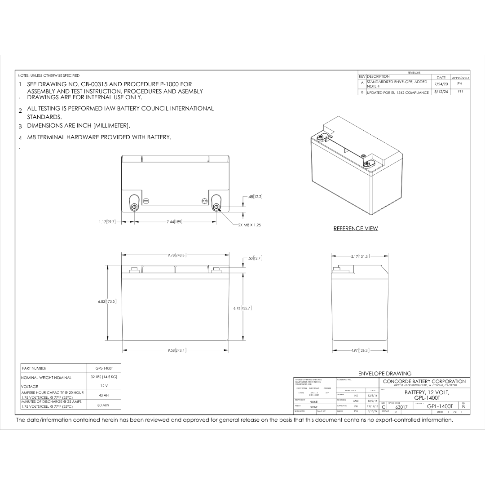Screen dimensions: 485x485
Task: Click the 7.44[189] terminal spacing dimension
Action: [x=174, y=221]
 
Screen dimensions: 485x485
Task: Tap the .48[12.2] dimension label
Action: [x=255, y=197]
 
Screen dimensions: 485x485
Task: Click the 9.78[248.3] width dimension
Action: [x=177, y=255]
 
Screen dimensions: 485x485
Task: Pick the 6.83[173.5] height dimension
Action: [x=107, y=301]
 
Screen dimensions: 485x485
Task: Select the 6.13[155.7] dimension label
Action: [x=242, y=308]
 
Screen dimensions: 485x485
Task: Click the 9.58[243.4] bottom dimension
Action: [x=177, y=350]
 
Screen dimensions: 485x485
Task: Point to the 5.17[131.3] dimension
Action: [x=360, y=256]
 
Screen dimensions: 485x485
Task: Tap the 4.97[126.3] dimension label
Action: [x=360, y=350]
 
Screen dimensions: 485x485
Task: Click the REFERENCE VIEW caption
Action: [x=355, y=229]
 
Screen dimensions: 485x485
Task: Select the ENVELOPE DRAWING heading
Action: [x=384, y=373]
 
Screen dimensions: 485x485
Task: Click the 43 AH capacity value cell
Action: [x=104, y=395]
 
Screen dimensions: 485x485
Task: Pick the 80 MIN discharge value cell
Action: [x=104, y=405]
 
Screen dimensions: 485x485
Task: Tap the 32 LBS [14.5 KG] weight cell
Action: [x=104, y=377]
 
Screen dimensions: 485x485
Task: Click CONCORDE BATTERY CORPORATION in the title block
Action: [x=424, y=381]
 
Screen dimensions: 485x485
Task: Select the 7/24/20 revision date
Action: [x=441, y=84]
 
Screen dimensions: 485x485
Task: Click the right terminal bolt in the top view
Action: [x=216, y=207]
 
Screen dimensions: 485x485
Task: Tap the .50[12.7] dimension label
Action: [x=255, y=258]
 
